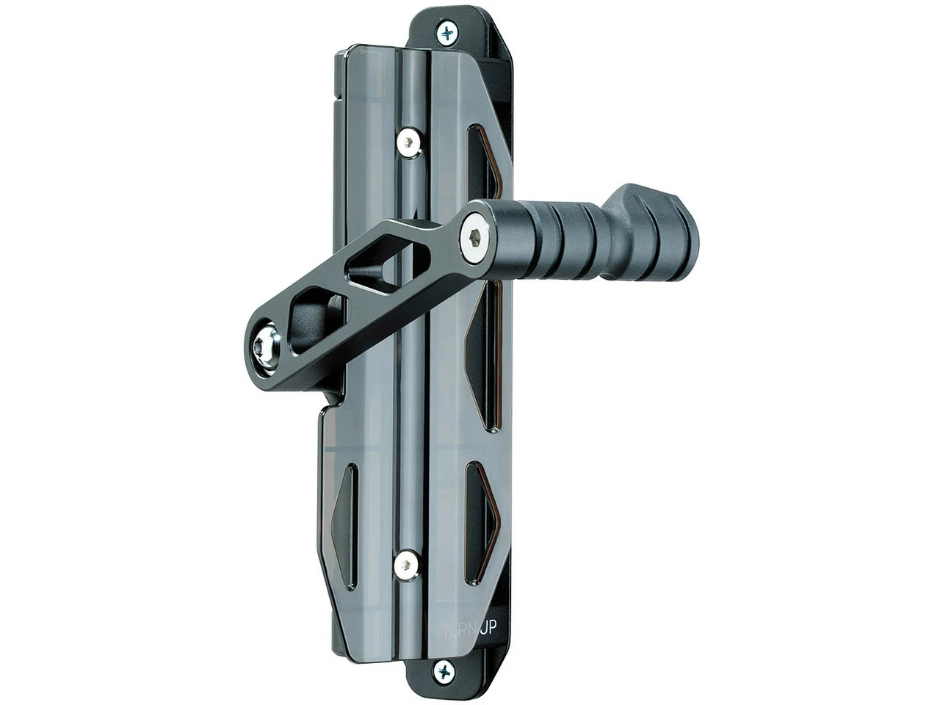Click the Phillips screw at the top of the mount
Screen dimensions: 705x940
click(x=446, y=32)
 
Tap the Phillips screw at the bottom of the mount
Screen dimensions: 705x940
click(x=444, y=671)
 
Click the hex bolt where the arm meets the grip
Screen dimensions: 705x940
click(x=477, y=236)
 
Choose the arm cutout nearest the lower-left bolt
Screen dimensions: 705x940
click(x=312, y=318)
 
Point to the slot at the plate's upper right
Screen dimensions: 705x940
click(x=485, y=165)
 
